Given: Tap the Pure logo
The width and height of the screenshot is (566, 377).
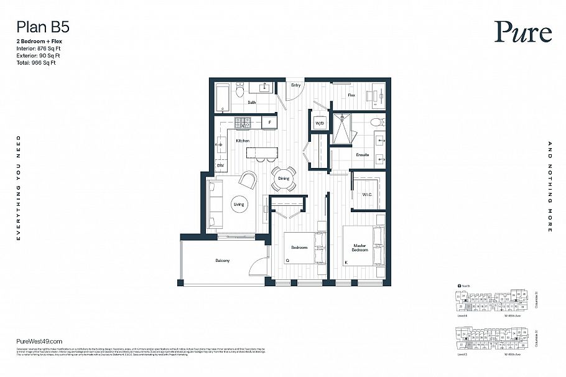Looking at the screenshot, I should [x=523, y=32].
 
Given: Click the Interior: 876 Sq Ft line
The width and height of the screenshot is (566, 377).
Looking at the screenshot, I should [x=39, y=48].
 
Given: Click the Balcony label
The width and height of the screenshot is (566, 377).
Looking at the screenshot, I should [x=222, y=261].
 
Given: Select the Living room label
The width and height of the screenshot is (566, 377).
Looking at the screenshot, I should [x=239, y=204].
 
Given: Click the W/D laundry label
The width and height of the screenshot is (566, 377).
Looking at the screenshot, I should [x=320, y=123].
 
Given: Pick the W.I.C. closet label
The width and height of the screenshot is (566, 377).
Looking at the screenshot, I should [x=366, y=195].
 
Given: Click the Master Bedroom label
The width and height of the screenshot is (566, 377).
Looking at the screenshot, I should [x=360, y=247].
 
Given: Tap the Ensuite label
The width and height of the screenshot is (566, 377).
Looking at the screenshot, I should [x=363, y=155].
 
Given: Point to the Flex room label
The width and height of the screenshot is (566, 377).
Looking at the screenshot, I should [x=351, y=95].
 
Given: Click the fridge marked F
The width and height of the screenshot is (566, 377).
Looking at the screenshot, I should [x=269, y=123].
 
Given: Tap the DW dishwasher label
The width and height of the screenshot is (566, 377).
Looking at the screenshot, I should [x=220, y=165].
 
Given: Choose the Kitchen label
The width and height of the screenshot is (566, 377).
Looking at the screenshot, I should [x=243, y=141].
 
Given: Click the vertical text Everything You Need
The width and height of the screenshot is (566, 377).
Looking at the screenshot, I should [x=19, y=188].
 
